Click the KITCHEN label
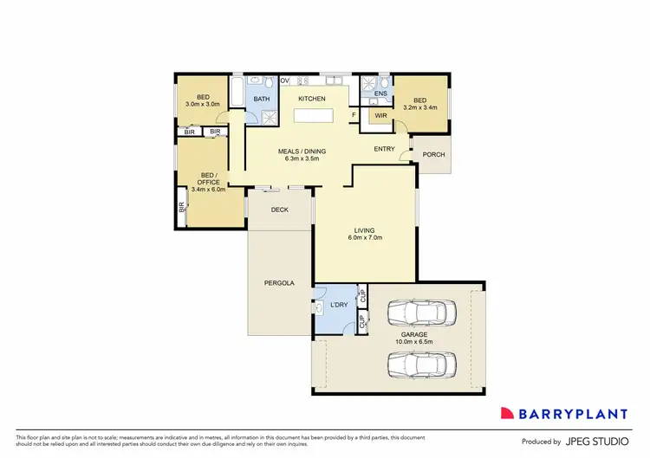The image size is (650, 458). [x=312, y=100]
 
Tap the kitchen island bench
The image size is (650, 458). [x=316, y=115]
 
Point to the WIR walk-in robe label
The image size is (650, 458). [x=380, y=115]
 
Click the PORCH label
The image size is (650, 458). [x=432, y=155]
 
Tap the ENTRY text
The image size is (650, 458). [x=385, y=149]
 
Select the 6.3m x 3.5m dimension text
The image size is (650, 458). [x=302, y=159]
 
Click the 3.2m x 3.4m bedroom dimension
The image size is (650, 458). [x=419, y=108]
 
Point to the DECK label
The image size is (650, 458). [x=279, y=210]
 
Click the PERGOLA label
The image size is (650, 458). [x=279, y=283]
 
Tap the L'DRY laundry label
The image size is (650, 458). [x=339, y=306]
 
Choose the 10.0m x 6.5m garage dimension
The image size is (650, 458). [x=414, y=341]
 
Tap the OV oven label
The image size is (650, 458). [x=283, y=81]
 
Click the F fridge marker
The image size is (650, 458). [x=354, y=115]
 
